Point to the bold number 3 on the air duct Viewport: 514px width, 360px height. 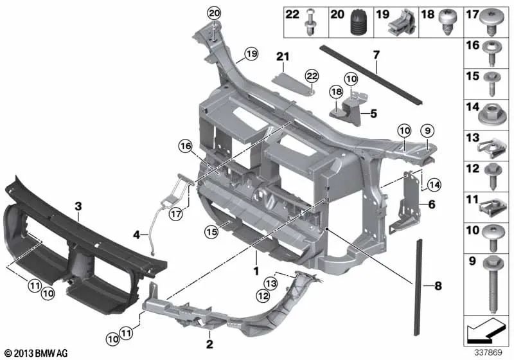[78, 206]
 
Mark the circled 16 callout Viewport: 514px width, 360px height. [186, 148]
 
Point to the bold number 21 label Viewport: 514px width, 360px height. [279, 57]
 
